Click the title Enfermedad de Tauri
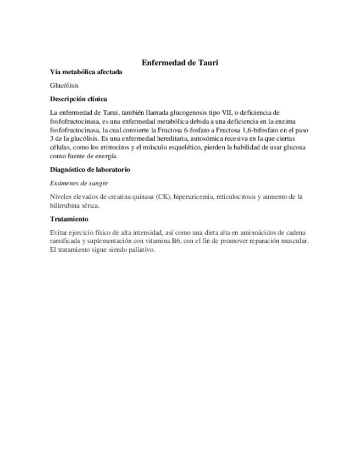[180, 63]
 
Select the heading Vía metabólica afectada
[86, 72]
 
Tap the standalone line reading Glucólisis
[64, 86]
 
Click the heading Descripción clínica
[78, 99]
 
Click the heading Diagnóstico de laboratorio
[90, 170]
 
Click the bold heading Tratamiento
[69, 219]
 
